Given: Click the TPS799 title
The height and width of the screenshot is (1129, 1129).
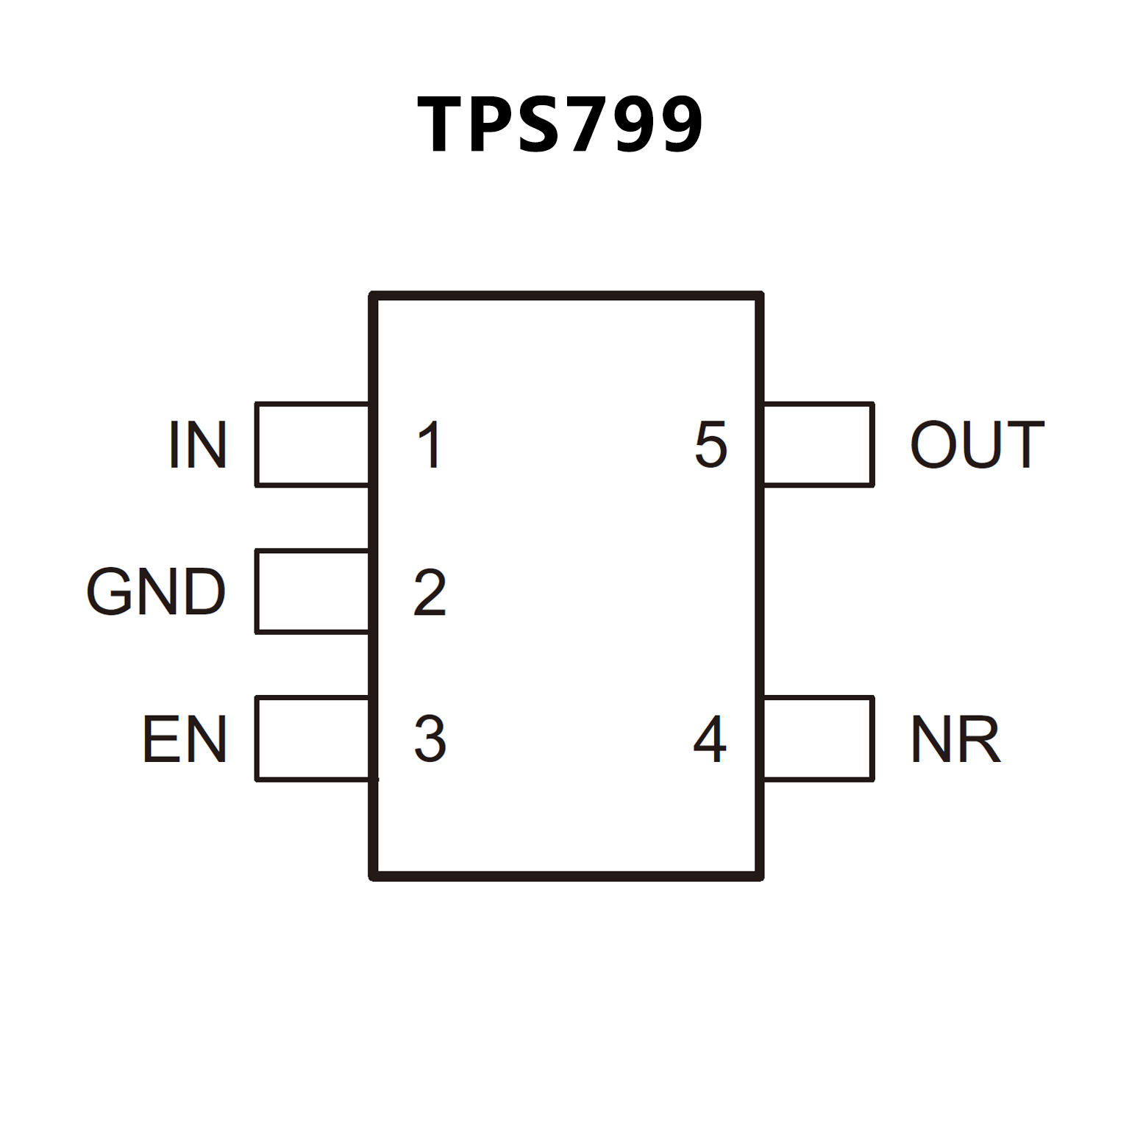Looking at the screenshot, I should point(560,124).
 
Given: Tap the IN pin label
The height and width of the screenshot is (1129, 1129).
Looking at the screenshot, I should point(197,444).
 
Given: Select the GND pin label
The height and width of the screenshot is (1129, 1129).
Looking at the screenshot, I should point(156,591).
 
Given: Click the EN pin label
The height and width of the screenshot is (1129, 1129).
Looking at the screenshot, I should point(184,739).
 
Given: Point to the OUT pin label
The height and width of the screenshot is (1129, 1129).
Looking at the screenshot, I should point(977,444).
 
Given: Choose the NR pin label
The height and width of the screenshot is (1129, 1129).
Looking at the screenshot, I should point(955,739).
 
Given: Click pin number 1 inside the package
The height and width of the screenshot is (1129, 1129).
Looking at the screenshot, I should point(430,444).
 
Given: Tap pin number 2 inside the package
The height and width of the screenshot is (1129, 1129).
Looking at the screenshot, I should point(430,591).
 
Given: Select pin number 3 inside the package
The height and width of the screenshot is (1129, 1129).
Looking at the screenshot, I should point(430,738).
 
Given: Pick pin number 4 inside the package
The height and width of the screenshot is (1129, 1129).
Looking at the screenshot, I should point(710,738).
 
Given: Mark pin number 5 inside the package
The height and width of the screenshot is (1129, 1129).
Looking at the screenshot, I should point(710,444).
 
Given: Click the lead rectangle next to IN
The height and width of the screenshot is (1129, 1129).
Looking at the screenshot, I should point(312,444).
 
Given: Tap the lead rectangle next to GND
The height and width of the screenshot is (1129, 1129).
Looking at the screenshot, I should point(312,591).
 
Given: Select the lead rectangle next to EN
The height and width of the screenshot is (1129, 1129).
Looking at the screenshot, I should point(312,738).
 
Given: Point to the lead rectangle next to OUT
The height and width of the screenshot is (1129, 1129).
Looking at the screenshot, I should point(819,444).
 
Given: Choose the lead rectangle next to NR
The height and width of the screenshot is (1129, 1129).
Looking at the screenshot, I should point(819,738).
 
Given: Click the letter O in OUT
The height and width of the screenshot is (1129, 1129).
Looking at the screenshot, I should point(934,444).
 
